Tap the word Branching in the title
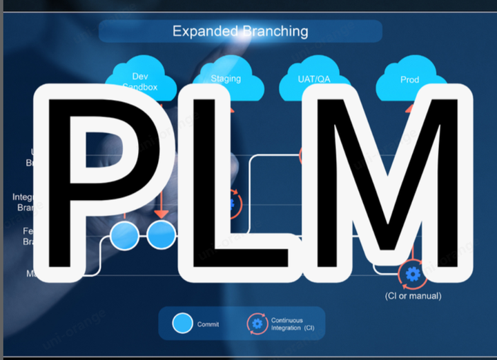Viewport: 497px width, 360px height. [x=275, y=31]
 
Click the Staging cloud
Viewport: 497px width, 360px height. [x=226, y=79]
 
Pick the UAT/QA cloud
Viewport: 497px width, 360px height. [x=313, y=80]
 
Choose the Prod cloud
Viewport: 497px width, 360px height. [x=409, y=80]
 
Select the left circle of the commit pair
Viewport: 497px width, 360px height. [x=125, y=235]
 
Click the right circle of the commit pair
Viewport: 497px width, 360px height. [x=162, y=235]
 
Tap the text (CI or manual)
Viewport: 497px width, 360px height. [x=413, y=296]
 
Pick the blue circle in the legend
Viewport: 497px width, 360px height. [x=182, y=323]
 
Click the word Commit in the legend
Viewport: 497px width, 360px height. [x=208, y=323]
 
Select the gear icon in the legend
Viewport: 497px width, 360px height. [x=257, y=323]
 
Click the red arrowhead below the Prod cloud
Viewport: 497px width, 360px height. [x=410, y=108]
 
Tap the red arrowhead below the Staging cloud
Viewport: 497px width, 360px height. [x=230, y=109]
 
